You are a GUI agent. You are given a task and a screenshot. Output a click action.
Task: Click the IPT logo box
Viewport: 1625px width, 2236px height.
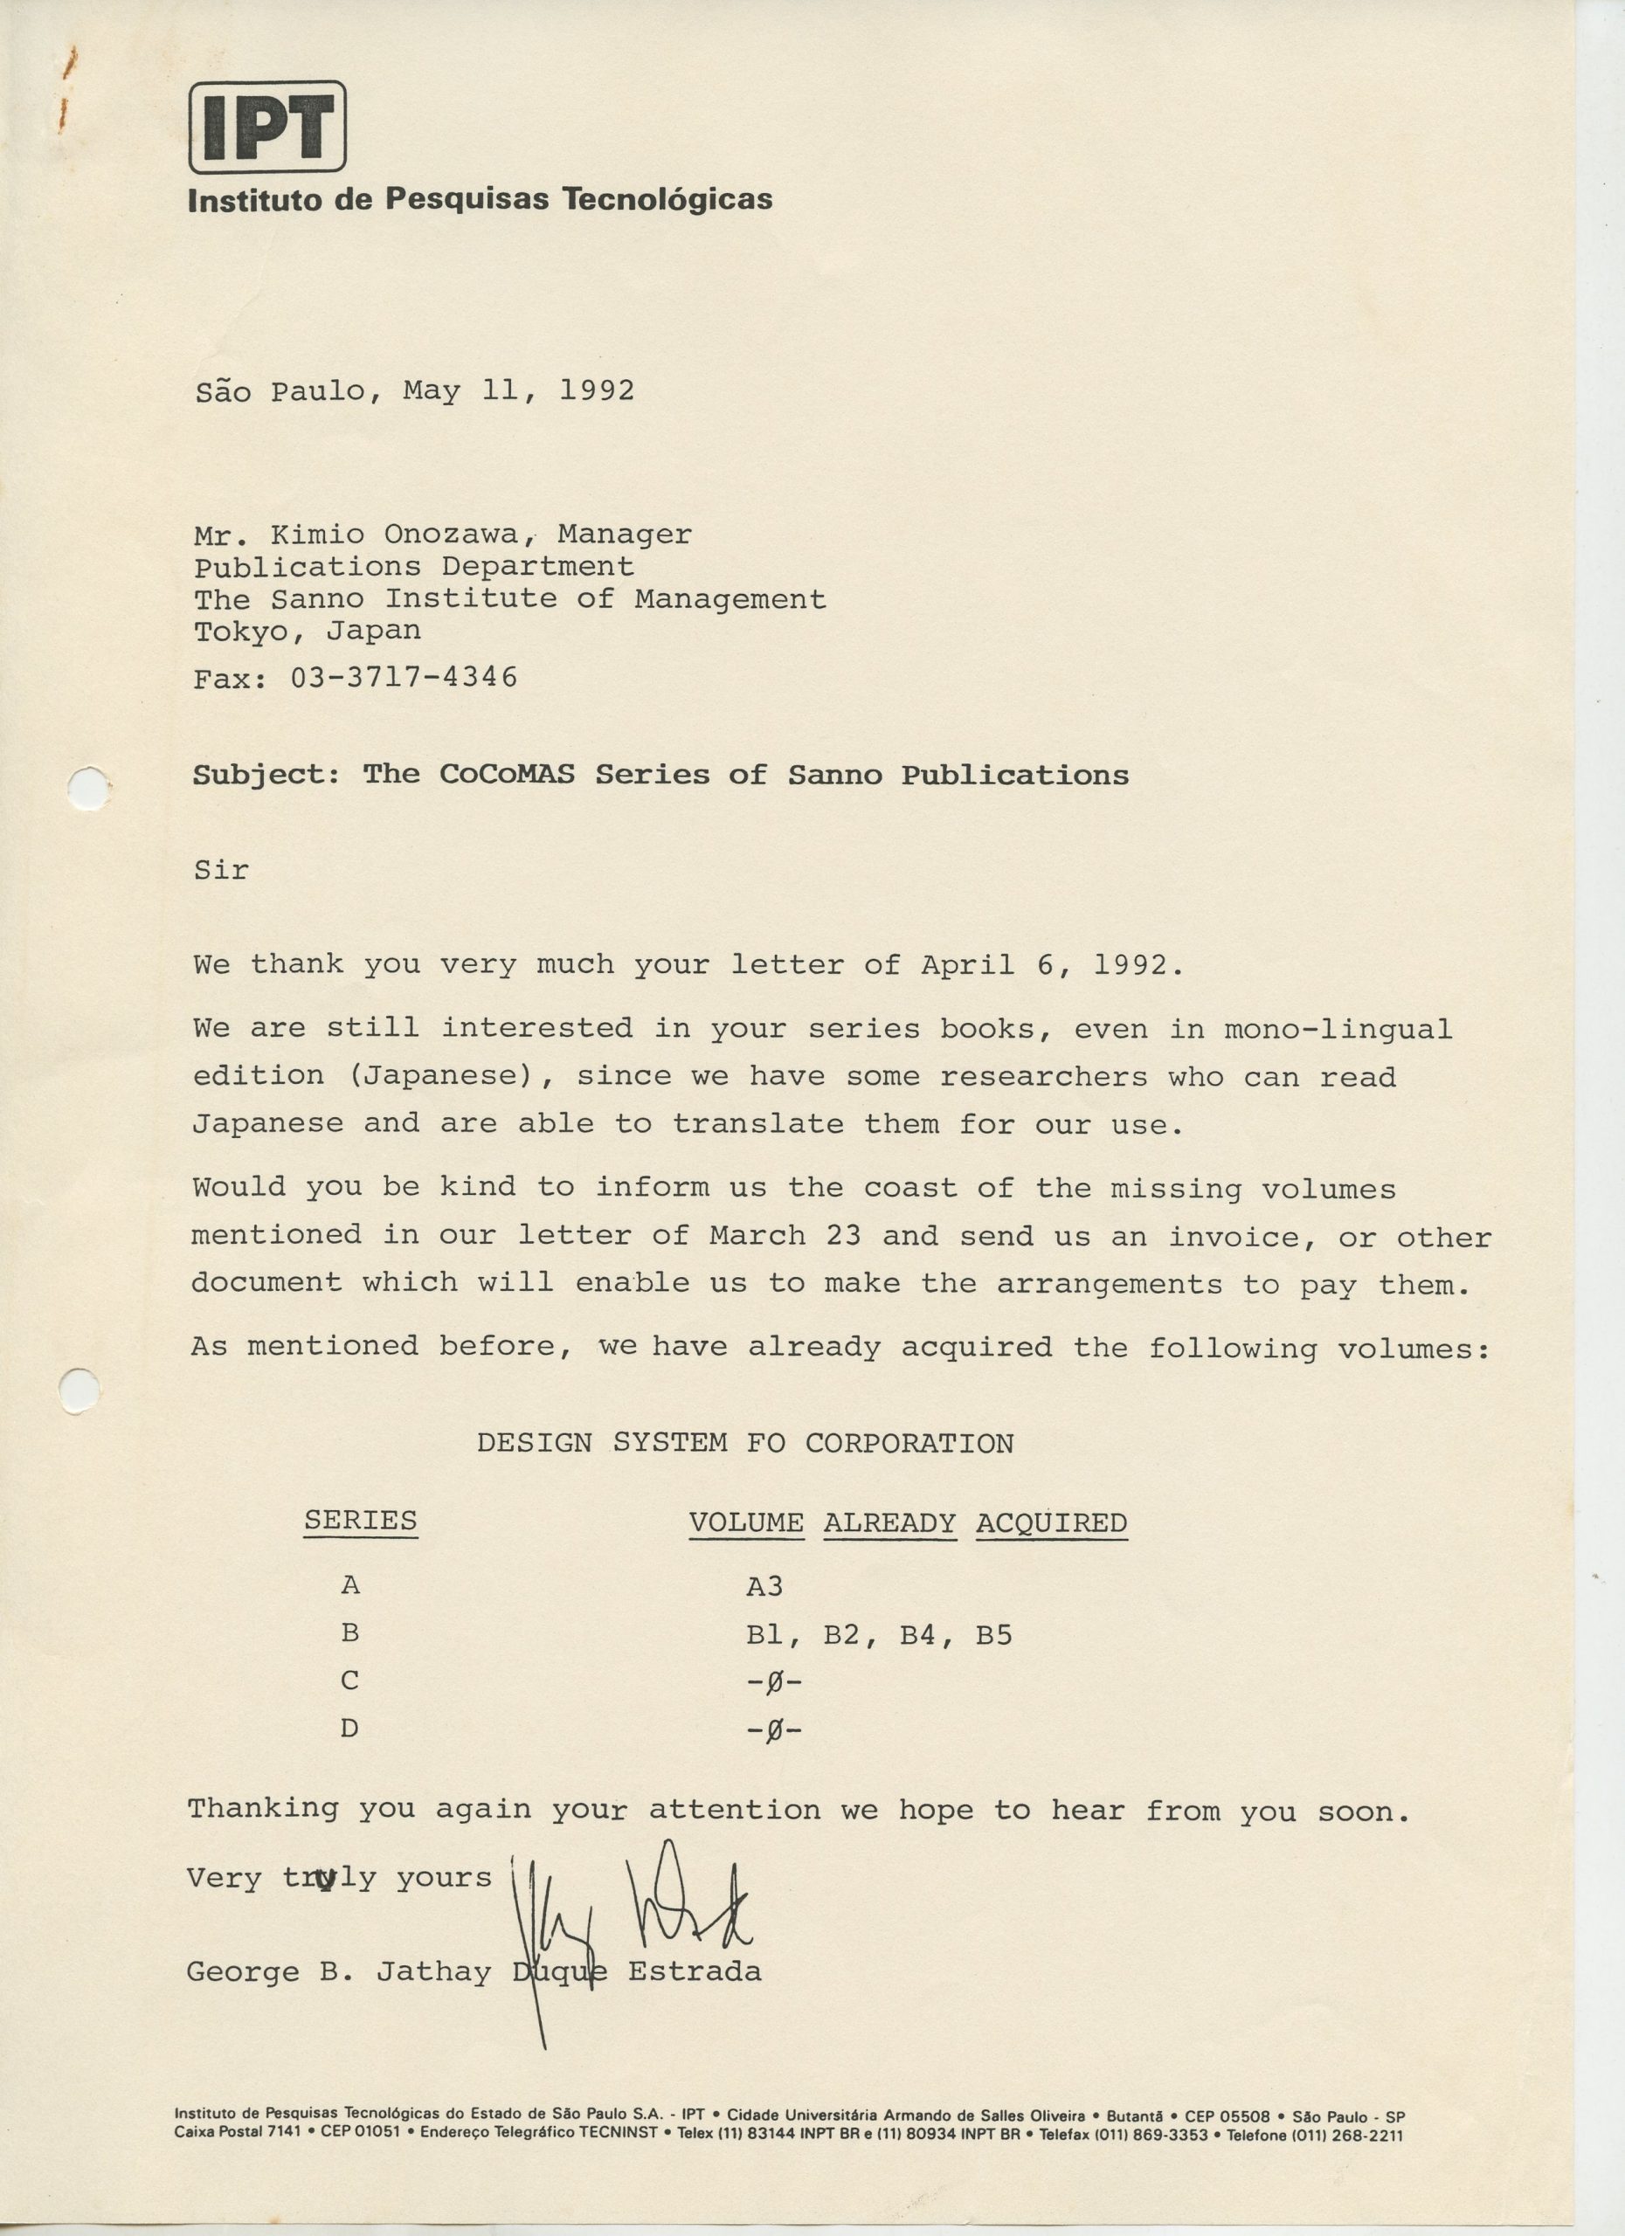click(x=267, y=126)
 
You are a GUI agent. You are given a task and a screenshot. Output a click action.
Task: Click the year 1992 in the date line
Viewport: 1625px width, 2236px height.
click(x=597, y=390)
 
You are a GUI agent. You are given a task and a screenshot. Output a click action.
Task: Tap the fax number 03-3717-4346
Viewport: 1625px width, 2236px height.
click(x=404, y=677)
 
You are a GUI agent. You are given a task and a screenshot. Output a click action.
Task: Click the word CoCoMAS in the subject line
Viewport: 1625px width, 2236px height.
click(x=506, y=774)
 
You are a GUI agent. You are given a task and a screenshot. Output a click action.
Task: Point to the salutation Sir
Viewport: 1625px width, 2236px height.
click(x=221, y=870)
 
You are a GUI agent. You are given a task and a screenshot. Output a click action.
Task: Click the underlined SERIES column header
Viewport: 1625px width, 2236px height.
click(x=360, y=1521)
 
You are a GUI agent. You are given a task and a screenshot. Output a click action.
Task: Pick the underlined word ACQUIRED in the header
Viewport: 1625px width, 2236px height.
click(x=1051, y=1523)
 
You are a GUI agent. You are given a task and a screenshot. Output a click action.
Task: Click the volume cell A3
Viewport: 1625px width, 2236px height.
click(x=764, y=1586)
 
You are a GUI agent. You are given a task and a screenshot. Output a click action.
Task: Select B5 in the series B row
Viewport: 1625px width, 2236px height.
click(x=994, y=1634)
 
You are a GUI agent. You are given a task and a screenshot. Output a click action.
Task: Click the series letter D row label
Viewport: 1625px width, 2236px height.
click(x=349, y=1729)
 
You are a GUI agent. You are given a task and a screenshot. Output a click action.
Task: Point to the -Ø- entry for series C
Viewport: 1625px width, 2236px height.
click(x=774, y=1682)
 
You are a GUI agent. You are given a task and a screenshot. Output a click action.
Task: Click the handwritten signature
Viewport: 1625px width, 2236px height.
click(x=631, y=1908)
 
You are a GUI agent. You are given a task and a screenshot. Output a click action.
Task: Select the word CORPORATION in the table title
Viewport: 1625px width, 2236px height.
click(x=909, y=1443)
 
